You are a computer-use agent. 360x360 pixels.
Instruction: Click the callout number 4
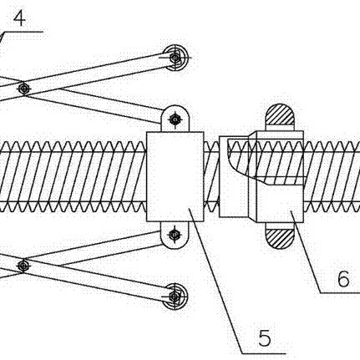click(19, 19)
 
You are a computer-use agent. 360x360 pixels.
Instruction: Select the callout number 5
click(264, 337)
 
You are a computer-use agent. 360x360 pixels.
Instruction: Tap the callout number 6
click(343, 279)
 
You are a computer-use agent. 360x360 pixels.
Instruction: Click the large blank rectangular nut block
click(175, 176)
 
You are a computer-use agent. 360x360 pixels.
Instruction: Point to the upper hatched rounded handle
click(280, 114)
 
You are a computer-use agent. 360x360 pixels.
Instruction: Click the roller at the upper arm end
click(175, 58)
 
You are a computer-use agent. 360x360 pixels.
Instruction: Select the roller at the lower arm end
click(175, 297)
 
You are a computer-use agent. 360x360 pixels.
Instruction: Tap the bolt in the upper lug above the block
click(175, 119)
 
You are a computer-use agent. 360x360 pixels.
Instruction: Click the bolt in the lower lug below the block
click(175, 235)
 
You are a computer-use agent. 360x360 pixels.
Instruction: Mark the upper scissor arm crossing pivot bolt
click(24, 89)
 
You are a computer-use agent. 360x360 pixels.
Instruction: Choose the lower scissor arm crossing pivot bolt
click(23, 266)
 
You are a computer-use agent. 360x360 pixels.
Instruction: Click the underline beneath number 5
click(264, 354)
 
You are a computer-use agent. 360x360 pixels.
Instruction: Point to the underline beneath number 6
click(340, 292)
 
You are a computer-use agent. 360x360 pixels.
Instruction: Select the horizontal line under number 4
click(23, 32)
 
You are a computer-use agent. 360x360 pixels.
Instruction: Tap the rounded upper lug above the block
click(175, 119)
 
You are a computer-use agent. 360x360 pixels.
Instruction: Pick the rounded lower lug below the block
click(175, 236)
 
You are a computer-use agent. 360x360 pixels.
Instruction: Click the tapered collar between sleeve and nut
click(252, 176)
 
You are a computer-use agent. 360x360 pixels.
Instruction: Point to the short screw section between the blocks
click(211, 176)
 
